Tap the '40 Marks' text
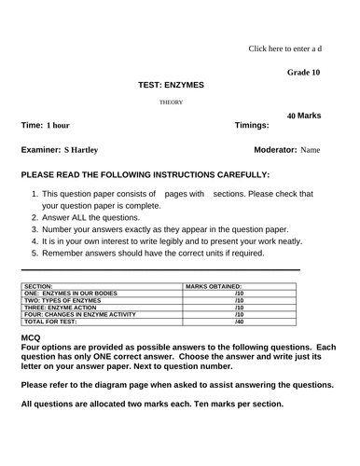point(304,116)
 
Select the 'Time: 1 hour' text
point(45,125)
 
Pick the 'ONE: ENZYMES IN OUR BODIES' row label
point(70,294)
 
